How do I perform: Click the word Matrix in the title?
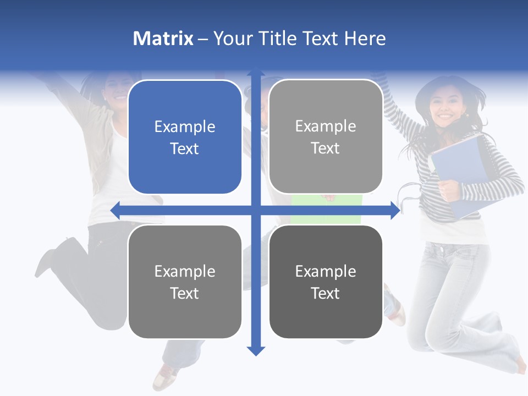(163, 38)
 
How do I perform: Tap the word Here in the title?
(365, 38)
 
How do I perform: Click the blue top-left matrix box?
(185, 137)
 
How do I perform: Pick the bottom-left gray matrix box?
(185, 282)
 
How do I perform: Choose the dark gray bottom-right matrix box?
(326, 282)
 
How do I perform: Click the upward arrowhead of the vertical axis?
(255, 72)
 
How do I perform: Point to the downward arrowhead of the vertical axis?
(255, 350)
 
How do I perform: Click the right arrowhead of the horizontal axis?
(395, 210)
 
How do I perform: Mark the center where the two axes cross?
(255, 210)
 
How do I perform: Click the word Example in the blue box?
(185, 127)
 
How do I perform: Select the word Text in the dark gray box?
(326, 293)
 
